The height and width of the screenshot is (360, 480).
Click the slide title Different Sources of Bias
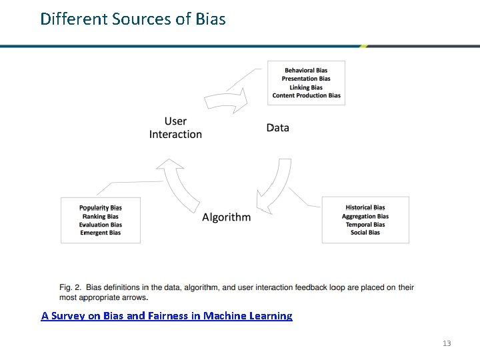[133, 19]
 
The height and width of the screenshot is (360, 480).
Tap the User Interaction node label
[175, 127]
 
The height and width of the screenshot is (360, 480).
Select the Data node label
[277, 127]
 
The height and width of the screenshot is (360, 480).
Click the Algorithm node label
[226, 217]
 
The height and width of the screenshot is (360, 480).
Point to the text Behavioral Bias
[306, 71]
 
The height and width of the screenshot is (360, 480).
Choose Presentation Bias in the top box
[306, 79]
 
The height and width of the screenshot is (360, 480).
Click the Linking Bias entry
[306, 87]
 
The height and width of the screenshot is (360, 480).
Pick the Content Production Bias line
[306, 95]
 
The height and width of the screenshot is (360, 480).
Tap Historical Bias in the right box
[365, 207]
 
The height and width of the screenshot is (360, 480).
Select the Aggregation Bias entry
[365, 216]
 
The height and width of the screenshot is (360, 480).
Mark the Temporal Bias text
[365, 225]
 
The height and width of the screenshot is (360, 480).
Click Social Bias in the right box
[365, 233]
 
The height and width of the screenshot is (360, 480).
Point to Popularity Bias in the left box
[101, 208]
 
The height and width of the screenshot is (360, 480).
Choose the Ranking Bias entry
[101, 216]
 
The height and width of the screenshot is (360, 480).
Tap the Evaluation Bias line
[101, 225]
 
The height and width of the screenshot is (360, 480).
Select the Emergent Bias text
[101, 233]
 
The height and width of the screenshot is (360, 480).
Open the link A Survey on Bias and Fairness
[167, 315]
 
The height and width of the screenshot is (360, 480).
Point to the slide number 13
[447, 343]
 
